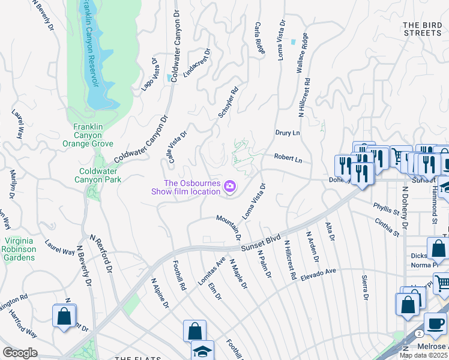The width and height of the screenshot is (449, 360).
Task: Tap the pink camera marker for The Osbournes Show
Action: (229, 188)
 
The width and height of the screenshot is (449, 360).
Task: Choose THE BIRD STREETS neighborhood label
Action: (422, 29)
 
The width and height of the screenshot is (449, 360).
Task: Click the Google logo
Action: (20, 353)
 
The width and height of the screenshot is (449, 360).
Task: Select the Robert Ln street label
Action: (288, 159)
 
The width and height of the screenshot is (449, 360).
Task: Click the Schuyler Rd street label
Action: (229, 103)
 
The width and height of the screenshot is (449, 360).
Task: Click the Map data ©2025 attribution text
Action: (423, 355)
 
